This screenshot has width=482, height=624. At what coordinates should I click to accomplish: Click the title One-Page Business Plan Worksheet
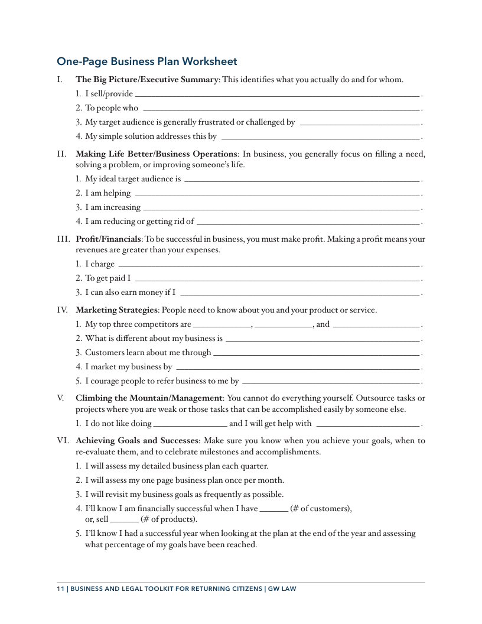pyautogui.click(x=146, y=61)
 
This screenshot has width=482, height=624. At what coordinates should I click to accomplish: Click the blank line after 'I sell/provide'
pyautogui.click(x=277, y=95)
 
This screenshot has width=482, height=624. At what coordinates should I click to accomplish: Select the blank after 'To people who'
pyautogui.click(x=281, y=109)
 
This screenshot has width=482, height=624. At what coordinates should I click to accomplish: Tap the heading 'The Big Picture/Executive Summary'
pyautogui.click(x=147, y=79)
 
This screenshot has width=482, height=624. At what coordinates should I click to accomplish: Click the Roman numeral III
pyautogui.click(x=63, y=239)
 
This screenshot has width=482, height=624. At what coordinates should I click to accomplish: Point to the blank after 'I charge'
pyautogui.click(x=269, y=265)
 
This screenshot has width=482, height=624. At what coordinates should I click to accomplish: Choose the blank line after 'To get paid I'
pyautogui.click(x=277, y=279)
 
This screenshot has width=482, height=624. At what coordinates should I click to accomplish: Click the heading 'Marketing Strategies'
pyautogui.click(x=117, y=310)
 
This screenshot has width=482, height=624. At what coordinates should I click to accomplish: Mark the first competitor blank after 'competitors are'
pyautogui.click(x=222, y=325)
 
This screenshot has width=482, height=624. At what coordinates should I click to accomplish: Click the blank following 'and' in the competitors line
pyautogui.click(x=376, y=325)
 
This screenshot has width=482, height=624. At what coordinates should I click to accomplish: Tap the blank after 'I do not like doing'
pyautogui.click(x=190, y=424)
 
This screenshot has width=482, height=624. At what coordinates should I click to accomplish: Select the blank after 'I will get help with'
pyautogui.click(x=367, y=424)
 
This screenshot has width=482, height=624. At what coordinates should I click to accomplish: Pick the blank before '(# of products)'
pyautogui.click(x=124, y=521)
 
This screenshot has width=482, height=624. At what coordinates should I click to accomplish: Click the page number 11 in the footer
pyautogui.click(x=60, y=589)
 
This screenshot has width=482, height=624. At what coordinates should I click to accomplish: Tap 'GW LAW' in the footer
pyautogui.click(x=282, y=589)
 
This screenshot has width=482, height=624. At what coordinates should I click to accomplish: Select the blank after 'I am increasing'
pyautogui.click(x=281, y=208)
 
